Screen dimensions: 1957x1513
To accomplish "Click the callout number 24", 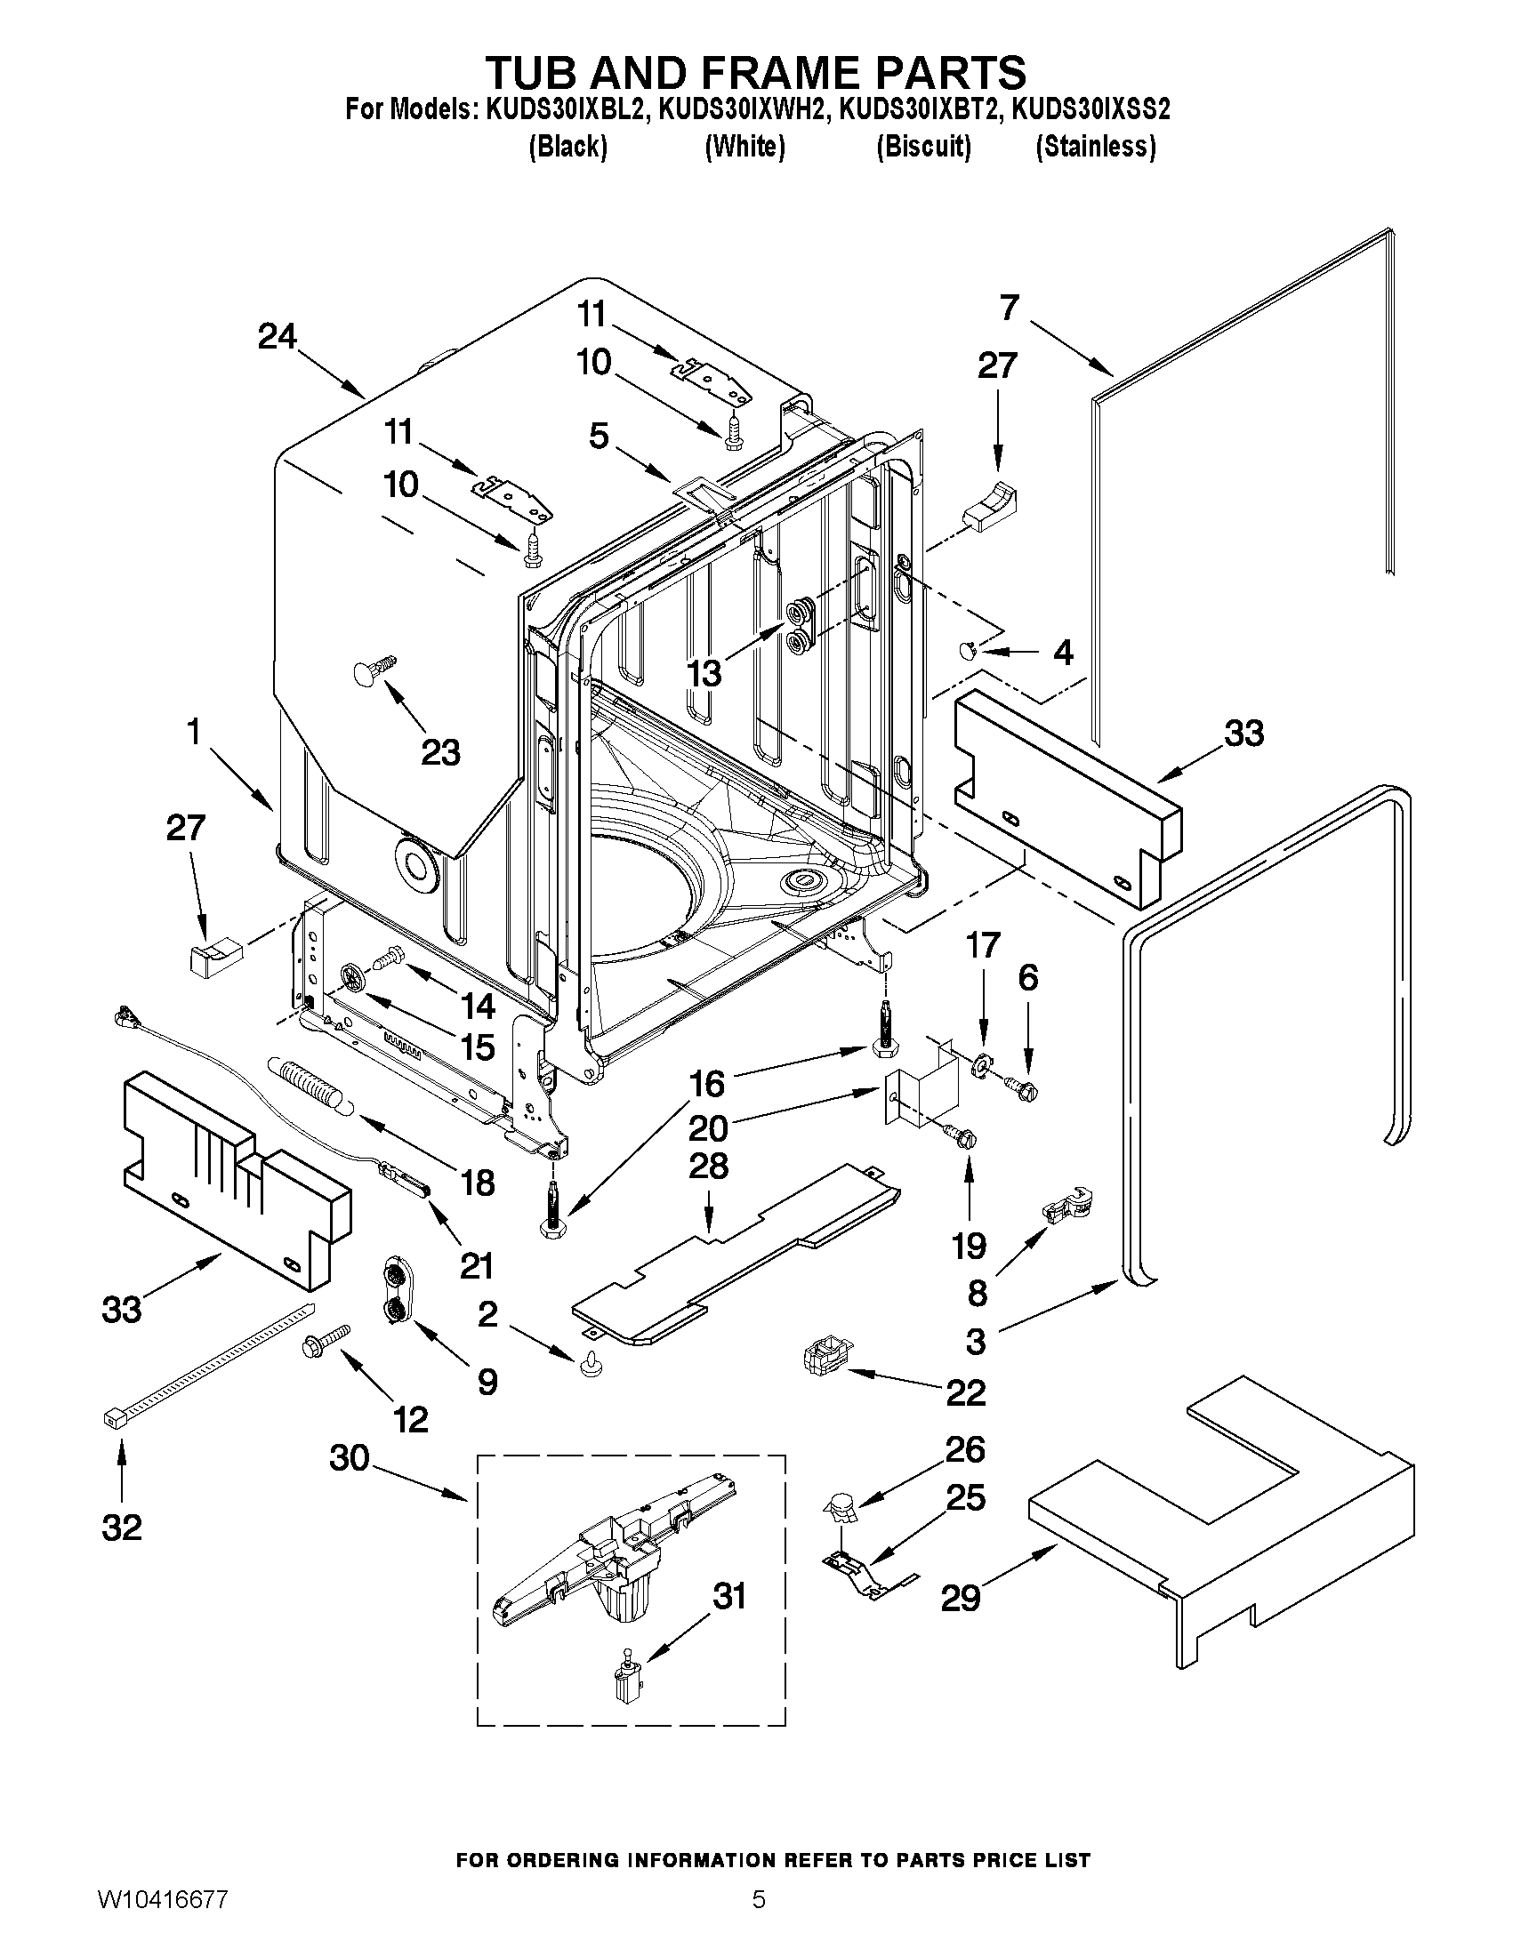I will [x=277, y=337].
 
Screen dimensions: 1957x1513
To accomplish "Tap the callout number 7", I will [x=1010, y=308].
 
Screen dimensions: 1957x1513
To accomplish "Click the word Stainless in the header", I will [x=1095, y=146].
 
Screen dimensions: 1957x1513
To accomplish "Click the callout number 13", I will [x=704, y=672].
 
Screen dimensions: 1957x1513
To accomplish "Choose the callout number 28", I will [x=708, y=1167].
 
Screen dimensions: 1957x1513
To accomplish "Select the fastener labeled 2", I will [x=591, y=1365].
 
